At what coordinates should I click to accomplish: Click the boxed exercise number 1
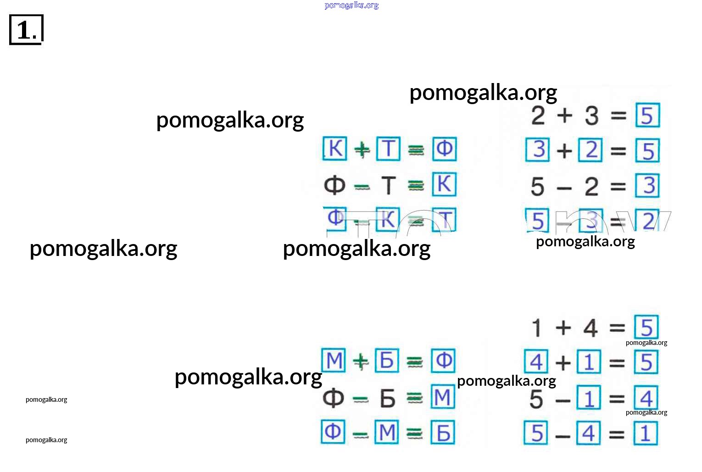26,30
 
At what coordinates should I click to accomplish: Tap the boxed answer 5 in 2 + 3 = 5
647,115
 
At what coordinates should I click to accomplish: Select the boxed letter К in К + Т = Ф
335,149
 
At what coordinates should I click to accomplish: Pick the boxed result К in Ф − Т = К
444,184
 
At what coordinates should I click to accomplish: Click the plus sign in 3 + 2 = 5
564,150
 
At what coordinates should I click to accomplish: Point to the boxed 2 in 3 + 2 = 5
591,150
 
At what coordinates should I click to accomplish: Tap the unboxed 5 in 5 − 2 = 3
537,187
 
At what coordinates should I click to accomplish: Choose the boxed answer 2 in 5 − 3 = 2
647,221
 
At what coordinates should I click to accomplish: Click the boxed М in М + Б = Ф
334,361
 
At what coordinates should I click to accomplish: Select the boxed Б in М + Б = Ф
387,361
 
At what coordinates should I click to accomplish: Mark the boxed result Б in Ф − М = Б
443,433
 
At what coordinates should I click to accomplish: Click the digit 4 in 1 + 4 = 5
591,328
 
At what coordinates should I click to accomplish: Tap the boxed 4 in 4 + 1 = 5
536,362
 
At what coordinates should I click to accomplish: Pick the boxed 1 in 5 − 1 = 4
589,398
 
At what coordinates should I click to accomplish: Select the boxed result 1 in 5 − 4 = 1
645,433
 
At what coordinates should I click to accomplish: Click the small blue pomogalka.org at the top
351,5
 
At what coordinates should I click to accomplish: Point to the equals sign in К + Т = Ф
416,150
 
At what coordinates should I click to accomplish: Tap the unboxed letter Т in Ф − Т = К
388,185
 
